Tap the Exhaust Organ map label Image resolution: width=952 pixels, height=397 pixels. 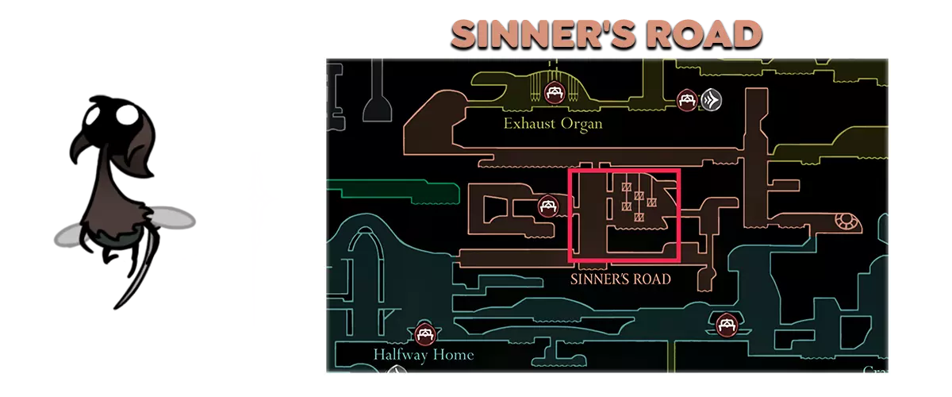tap(553, 124)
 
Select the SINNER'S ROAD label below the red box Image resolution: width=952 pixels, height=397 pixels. tap(621, 279)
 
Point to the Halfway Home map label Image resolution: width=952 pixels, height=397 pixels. tap(423, 354)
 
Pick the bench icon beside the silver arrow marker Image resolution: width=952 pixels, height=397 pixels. tap(686, 100)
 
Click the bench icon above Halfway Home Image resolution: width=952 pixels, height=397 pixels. tap(425, 333)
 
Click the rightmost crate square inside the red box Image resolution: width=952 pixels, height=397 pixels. tap(652, 202)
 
